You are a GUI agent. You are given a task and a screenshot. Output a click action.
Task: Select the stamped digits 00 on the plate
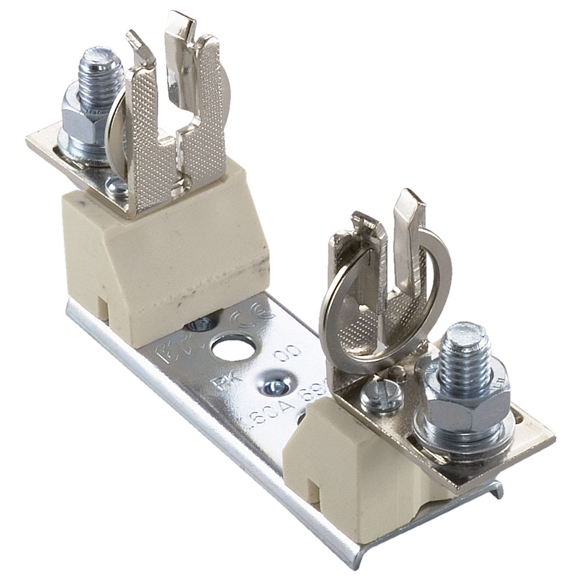coord(289,356)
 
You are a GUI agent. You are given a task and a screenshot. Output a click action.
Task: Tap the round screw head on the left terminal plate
coord(117,186)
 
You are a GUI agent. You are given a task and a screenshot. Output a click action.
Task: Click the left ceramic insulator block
coord(168,256)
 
